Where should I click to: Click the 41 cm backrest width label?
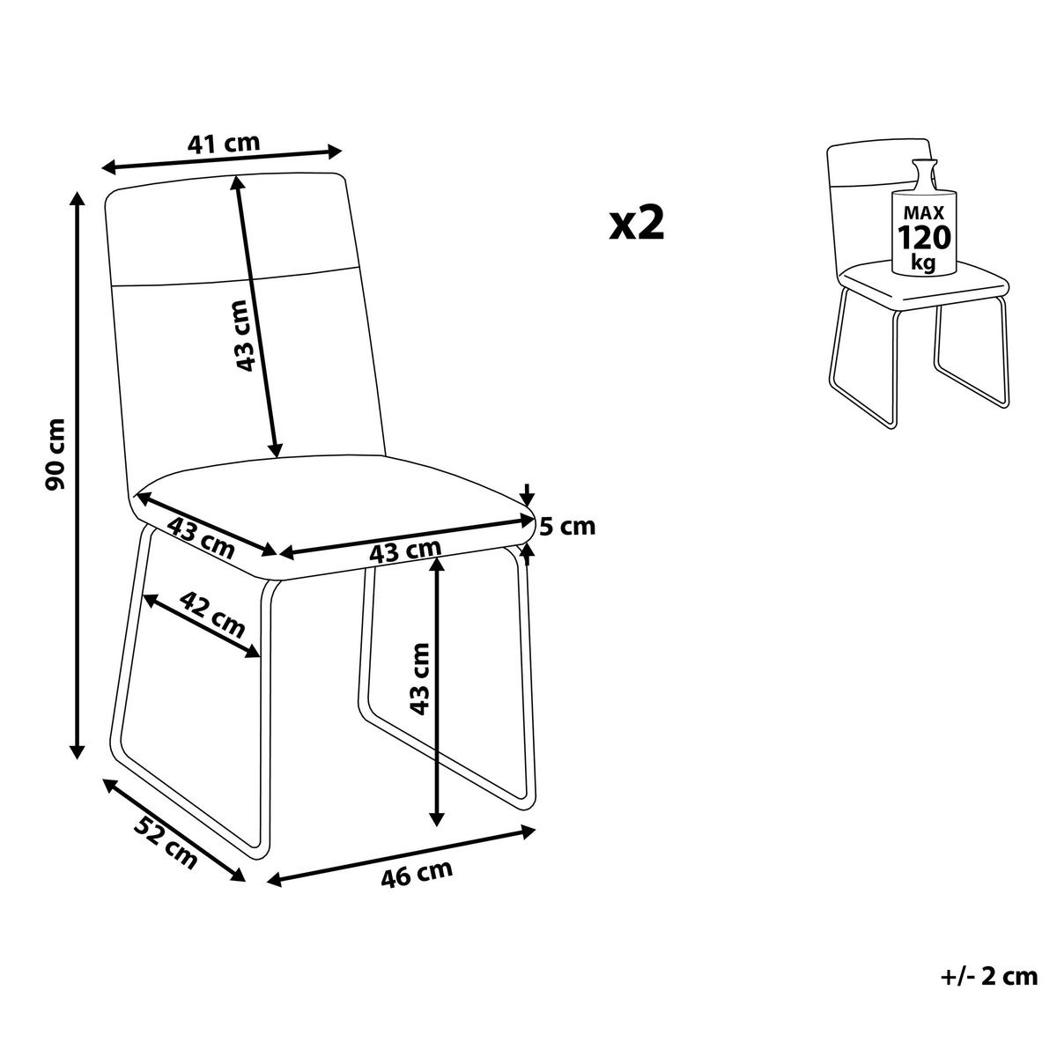tap(223, 144)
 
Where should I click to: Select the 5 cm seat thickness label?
tap(567, 527)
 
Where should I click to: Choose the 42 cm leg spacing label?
tap(211, 614)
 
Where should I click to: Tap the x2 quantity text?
tap(637, 224)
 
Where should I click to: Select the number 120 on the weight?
tap(924, 238)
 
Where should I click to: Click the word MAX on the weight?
tap(924, 212)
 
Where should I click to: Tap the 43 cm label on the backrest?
tap(243, 336)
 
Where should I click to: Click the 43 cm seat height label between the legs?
tap(418, 680)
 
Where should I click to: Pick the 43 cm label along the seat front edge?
tap(405, 551)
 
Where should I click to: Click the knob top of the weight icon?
tap(924, 163)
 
